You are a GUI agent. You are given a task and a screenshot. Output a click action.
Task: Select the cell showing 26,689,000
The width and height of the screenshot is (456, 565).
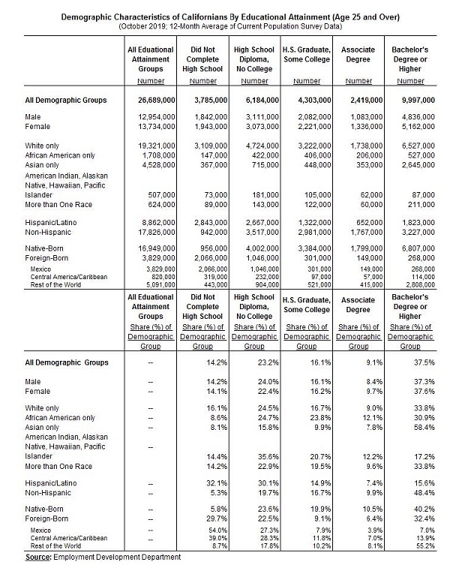pos(151,99)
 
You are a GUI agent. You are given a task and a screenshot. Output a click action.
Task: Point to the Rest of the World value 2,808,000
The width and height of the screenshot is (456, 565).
pos(418,283)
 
